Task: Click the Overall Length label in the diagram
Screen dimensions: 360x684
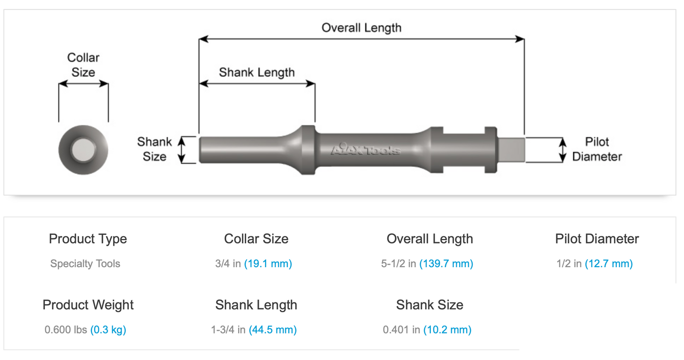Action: tap(361, 28)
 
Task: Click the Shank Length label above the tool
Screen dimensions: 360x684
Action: tap(257, 72)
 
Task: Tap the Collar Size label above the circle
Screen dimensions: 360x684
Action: tap(83, 65)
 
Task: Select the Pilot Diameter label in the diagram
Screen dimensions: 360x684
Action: tap(596, 149)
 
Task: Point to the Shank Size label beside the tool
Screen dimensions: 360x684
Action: tap(154, 149)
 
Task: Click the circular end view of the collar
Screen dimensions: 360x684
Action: tap(83, 150)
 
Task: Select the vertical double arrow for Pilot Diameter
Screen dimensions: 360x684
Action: tap(562, 150)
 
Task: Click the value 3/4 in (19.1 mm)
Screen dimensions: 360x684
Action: tap(253, 264)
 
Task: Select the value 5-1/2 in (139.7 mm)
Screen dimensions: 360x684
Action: tap(427, 264)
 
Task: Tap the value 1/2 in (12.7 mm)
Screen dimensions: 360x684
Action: tap(595, 264)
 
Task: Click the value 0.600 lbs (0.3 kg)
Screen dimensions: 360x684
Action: tap(85, 330)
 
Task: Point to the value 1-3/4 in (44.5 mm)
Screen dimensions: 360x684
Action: tap(254, 330)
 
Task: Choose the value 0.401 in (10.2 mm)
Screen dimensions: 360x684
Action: tap(427, 330)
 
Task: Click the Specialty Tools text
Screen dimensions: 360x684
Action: tap(85, 264)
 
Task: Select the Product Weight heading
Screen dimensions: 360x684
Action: tap(88, 305)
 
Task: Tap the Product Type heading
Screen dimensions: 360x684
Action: tap(88, 239)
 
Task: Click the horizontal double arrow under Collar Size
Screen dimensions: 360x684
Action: tap(83, 84)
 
